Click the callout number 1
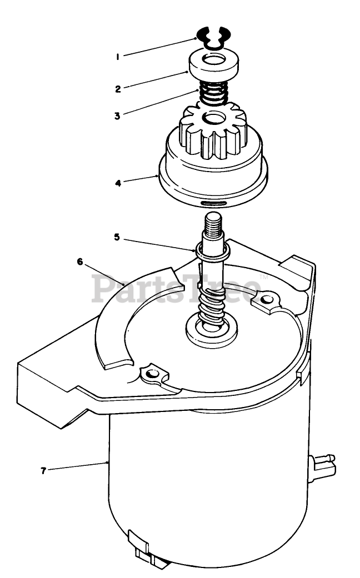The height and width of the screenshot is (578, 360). (x=118, y=56)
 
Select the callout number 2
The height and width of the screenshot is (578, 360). (x=118, y=87)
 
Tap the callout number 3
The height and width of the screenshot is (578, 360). (x=118, y=116)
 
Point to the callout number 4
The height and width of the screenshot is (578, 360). (x=118, y=182)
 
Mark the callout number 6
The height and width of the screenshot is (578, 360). (x=80, y=262)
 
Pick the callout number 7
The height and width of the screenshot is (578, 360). (x=43, y=470)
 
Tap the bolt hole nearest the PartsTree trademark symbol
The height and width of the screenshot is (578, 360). (x=268, y=300)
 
